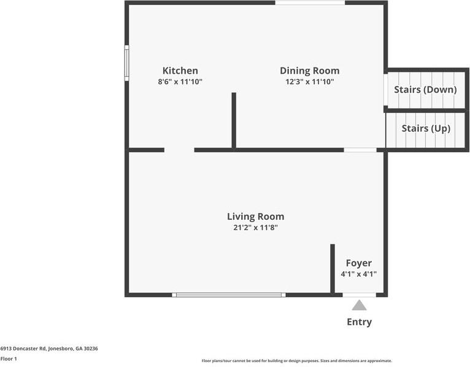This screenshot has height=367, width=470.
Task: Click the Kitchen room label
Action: [x=180, y=71]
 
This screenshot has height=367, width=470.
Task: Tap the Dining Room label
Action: [x=310, y=71]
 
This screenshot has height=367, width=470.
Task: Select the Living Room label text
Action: [x=255, y=217]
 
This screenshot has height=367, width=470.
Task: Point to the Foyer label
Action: [x=359, y=263]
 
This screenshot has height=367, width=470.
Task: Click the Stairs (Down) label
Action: [x=425, y=90]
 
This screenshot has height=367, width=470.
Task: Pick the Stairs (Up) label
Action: [x=426, y=128]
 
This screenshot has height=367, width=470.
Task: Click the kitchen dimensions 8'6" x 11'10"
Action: [x=180, y=82]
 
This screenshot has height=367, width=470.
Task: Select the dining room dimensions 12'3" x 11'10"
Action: [x=310, y=82]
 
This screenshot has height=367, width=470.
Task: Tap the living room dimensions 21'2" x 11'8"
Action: [x=255, y=228]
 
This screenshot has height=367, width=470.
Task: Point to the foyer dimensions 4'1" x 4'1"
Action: [x=359, y=274]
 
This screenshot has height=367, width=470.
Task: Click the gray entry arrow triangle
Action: [x=359, y=306]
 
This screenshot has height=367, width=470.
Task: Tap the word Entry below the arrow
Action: [x=359, y=322]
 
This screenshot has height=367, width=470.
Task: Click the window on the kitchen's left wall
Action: [x=127, y=63]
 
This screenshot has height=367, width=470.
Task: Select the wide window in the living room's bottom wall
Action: [x=229, y=295]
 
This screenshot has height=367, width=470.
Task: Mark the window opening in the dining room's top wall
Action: [x=310, y=2]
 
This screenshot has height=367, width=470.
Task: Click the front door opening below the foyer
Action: [x=359, y=295]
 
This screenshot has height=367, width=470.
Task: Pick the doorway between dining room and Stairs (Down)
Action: [x=386, y=90]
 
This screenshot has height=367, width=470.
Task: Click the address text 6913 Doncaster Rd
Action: [x=23, y=349]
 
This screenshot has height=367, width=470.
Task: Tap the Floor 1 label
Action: [x=9, y=358]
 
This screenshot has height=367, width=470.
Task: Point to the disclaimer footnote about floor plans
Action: [x=297, y=361]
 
